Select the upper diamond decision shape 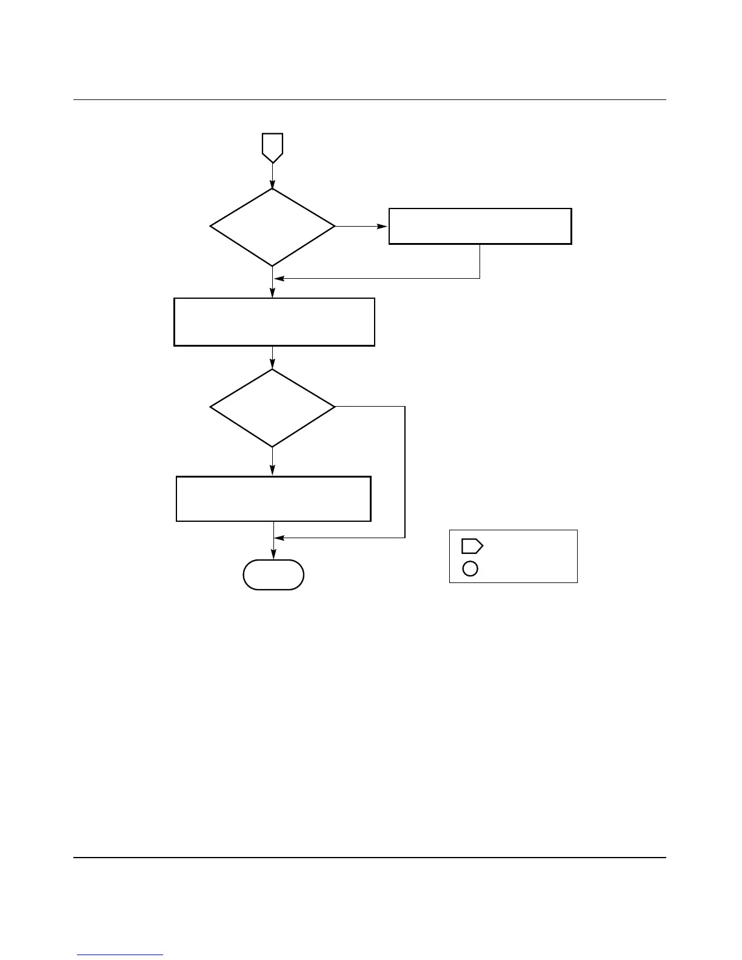(x=273, y=227)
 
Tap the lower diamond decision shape (x=273, y=407)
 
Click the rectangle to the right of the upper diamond (x=480, y=226)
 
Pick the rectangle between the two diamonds (x=274, y=321)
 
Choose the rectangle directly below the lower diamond (x=273, y=499)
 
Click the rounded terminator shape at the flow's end (x=273, y=575)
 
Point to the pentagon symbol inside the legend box (x=472, y=546)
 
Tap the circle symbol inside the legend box (x=470, y=568)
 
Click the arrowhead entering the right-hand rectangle (x=384, y=227)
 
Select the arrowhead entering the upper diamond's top (x=273, y=184)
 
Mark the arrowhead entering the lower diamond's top (x=273, y=365)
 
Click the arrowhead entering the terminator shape (x=273, y=556)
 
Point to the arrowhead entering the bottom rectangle (x=273, y=472)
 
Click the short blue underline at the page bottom (x=121, y=955)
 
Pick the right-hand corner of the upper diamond (x=334, y=227)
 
